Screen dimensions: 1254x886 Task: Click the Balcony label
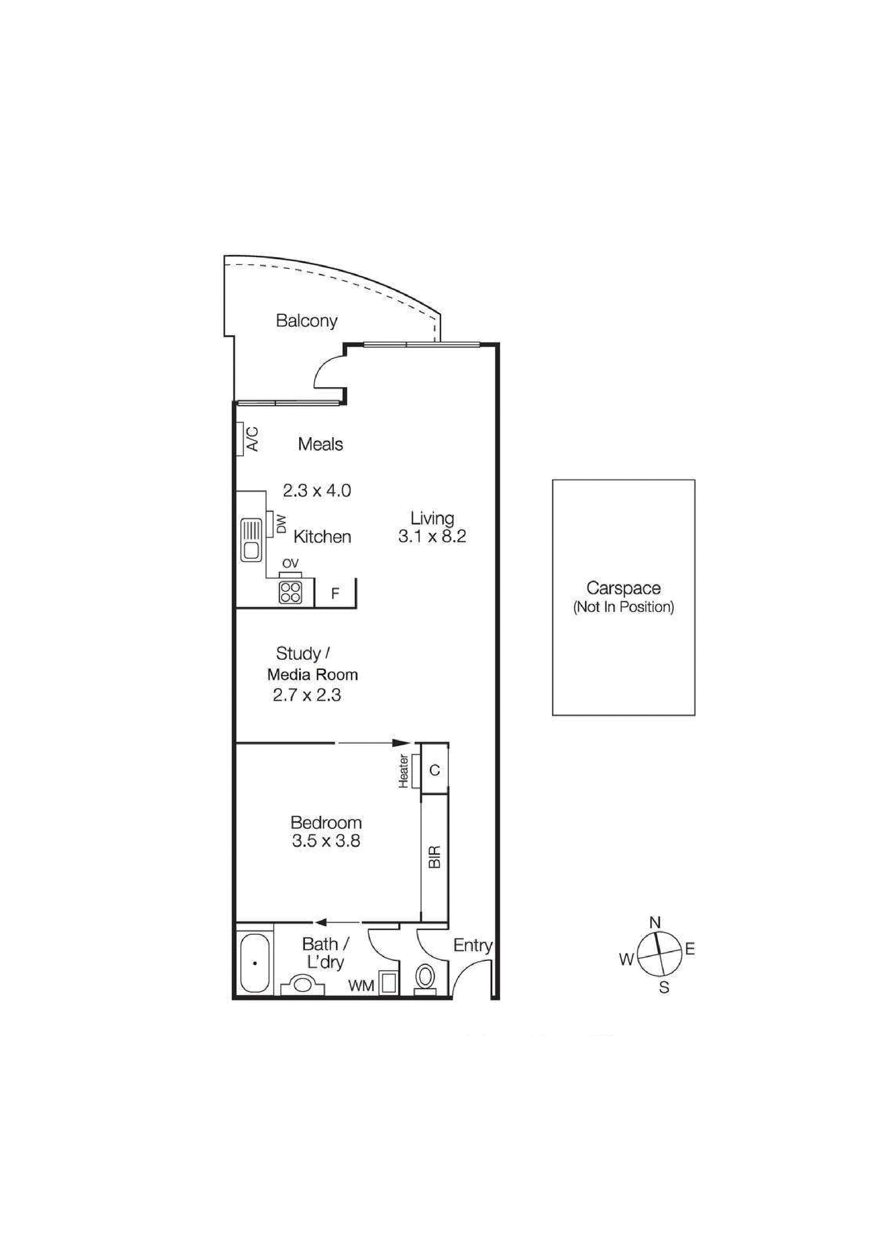pos(306,321)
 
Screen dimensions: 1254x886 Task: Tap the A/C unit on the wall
pos(240,439)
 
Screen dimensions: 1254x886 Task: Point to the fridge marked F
pos(335,593)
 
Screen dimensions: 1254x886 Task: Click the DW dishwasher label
pos(282,525)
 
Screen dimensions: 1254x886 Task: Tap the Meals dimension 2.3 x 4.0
pos(317,490)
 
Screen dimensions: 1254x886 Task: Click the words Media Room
pos(312,675)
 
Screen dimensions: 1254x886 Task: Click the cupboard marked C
pos(435,771)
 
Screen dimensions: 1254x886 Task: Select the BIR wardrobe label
pos(435,858)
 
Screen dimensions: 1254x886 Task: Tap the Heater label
pos(404,771)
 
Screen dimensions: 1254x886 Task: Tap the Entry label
pos(473,946)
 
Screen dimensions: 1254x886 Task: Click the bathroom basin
pos(302,985)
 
